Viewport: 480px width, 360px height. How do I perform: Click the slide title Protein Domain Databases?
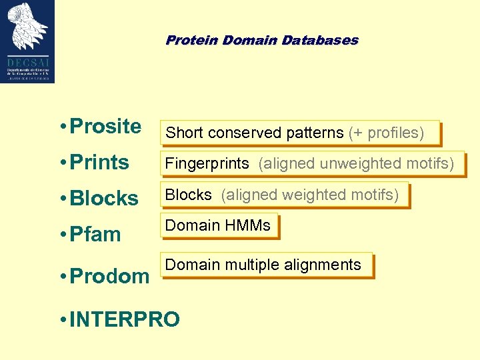[261, 40]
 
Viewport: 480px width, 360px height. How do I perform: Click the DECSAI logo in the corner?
[27, 41]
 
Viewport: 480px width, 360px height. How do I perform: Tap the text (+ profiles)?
[386, 133]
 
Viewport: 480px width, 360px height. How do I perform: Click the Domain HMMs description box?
[218, 225]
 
